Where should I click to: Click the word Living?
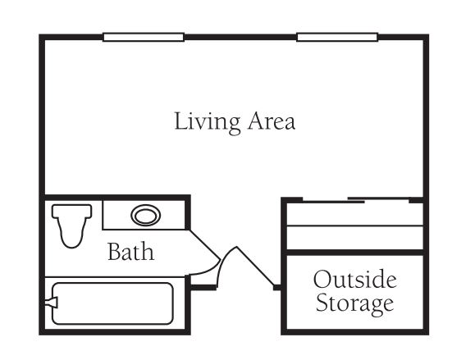(208, 123)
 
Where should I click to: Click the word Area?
(272, 121)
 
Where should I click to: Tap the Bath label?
(131, 251)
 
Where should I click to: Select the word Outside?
(354, 279)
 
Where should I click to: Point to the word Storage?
(354, 303)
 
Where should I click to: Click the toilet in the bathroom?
(72, 226)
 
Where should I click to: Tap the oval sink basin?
(146, 216)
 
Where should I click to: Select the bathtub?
(112, 303)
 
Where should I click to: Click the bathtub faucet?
(51, 303)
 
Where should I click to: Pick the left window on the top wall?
(144, 37)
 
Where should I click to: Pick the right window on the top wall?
(337, 37)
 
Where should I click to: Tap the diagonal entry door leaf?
(255, 267)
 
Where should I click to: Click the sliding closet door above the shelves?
(356, 200)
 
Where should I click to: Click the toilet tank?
(72, 211)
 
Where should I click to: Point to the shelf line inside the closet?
(354, 226)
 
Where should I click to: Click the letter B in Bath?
(115, 252)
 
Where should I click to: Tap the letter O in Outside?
(322, 279)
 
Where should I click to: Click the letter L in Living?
(180, 121)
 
